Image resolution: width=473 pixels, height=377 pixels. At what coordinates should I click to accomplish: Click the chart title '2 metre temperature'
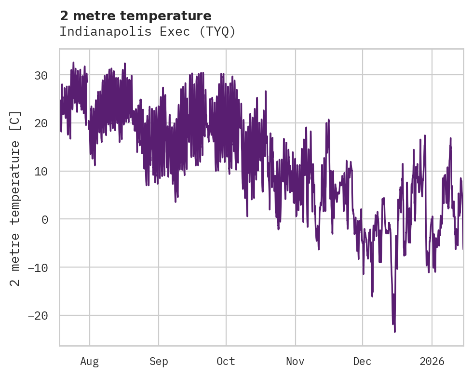135,16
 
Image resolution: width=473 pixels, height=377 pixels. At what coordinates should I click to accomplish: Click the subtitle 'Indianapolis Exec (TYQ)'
148,32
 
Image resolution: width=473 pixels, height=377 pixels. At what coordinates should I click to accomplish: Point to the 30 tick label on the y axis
42,75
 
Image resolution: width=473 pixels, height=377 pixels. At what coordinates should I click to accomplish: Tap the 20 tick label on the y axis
42,123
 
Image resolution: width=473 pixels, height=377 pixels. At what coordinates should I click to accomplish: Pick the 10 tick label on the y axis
42,171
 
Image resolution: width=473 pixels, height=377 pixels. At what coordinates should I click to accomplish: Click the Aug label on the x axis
89,361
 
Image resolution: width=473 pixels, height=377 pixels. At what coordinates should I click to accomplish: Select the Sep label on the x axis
158,361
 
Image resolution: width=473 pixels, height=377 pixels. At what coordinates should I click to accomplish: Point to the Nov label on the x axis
295,361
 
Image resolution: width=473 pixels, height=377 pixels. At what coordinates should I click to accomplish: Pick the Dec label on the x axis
362,361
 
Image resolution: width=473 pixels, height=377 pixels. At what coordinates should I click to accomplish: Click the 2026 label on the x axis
432,361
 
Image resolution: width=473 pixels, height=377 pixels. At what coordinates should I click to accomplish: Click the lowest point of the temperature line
394,332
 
